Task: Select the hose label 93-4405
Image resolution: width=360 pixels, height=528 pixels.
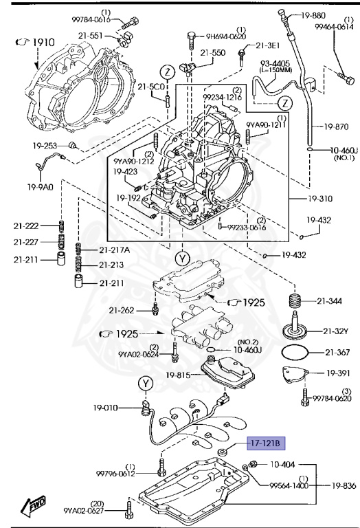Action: click(274, 64)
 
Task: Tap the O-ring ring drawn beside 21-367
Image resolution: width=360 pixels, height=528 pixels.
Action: click(295, 353)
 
